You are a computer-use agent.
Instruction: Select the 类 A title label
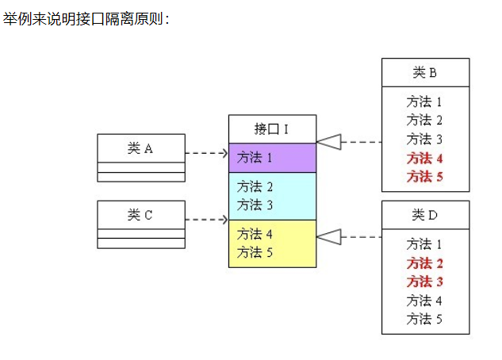click(x=140, y=148)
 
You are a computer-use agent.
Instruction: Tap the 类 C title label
click(x=140, y=215)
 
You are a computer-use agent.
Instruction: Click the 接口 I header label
click(x=271, y=129)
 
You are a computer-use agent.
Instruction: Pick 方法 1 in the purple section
click(x=255, y=158)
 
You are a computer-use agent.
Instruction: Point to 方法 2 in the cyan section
click(x=255, y=186)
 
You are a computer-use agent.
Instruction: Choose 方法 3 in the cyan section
click(x=255, y=205)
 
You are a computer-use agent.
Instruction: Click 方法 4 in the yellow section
click(x=255, y=234)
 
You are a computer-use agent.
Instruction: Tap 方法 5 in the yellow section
click(x=255, y=252)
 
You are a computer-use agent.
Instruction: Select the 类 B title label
click(x=424, y=73)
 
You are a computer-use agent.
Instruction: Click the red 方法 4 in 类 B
click(x=424, y=159)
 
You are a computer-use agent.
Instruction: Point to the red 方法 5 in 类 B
click(x=424, y=177)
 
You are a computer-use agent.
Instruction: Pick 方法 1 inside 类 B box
click(x=424, y=102)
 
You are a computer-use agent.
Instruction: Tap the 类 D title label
click(x=424, y=215)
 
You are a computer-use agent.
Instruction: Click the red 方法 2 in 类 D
click(x=424, y=263)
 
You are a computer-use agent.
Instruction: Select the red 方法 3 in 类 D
click(x=424, y=281)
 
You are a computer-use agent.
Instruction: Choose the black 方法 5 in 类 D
click(x=424, y=319)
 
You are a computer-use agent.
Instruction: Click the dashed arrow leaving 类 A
click(x=206, y=153)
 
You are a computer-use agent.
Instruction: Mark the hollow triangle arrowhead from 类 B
click(x=329, y=142)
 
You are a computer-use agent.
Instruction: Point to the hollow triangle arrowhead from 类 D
click(x=329, y=237)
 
